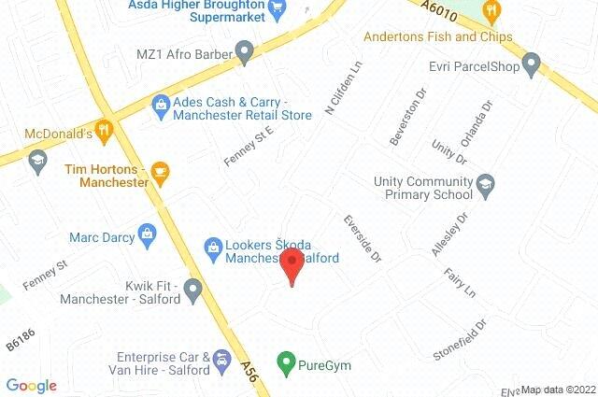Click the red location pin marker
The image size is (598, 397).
click(291, 264)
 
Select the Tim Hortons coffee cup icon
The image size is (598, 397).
click(160, 171)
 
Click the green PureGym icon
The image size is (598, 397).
click(287, 361)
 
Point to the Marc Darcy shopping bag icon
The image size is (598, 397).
click(147, 232)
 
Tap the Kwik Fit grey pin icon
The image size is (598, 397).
click(193, 291)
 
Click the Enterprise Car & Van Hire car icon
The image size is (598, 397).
click(221, 360)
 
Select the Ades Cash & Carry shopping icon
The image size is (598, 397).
click(161, 104)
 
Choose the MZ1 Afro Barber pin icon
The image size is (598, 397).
click(245, 52)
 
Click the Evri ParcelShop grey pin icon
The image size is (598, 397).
click(532, 65)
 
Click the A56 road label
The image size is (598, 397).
click(247, 370)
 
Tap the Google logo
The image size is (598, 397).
click(31, 386)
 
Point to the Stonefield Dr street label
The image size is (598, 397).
click(461, 341)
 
